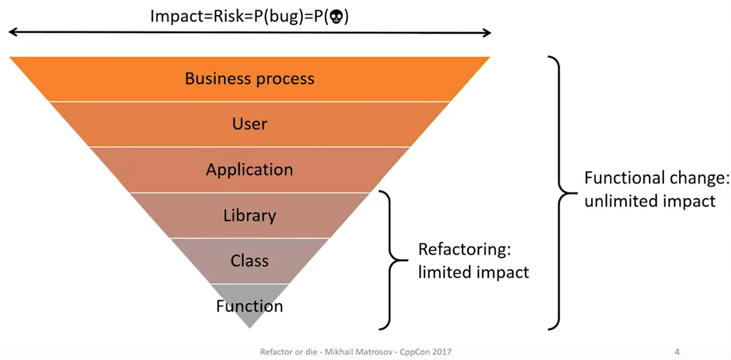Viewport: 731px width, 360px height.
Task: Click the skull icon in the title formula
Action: point(336,17)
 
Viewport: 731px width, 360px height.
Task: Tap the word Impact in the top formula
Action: point(177,16)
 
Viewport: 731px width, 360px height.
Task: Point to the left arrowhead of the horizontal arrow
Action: point(13,32)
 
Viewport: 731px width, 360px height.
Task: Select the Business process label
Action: point(250,79)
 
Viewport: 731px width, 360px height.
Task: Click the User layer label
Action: point(250,124)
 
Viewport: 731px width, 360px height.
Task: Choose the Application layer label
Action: point(250,170)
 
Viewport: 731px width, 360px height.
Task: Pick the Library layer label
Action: point(250,216)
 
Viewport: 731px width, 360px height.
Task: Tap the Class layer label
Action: point(250,261)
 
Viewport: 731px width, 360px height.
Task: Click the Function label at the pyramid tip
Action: point(250,306)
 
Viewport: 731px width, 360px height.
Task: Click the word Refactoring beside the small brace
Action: point(465,250)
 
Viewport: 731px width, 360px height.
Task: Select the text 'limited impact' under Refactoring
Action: point(474,272)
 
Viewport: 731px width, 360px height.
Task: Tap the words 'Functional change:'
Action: point(657,178)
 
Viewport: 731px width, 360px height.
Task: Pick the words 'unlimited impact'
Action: point(650,201)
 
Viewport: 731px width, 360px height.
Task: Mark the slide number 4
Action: point(677,352)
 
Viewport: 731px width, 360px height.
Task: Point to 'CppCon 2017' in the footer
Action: point(426,352)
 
